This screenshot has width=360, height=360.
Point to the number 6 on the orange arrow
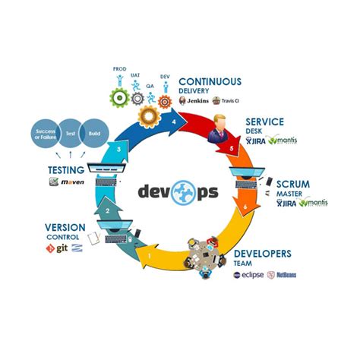point(245,207)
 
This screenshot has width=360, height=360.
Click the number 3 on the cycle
point(118,152)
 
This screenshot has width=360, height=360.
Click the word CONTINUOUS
point(210,82)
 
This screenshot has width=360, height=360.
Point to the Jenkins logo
point(194,100)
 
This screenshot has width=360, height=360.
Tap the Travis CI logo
point(227,100)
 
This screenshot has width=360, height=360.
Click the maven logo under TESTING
point(66,183)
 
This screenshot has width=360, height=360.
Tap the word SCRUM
point(293,184)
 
